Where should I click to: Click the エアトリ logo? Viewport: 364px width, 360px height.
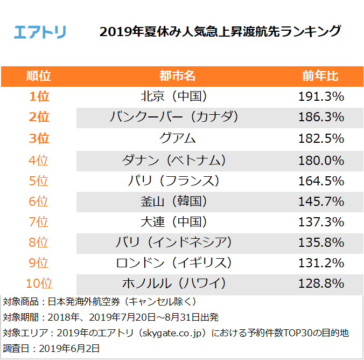click(x=40, y=31)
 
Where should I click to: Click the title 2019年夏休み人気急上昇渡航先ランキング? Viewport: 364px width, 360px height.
click(x=220, y=31)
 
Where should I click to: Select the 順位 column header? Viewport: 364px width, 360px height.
click(x=39, y=75)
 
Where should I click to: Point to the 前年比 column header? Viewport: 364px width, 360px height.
click(x=320, y=75)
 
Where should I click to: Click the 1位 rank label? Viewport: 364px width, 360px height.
click(x=39, y=96)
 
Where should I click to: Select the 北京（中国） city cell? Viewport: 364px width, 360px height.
click(x=174, y=96)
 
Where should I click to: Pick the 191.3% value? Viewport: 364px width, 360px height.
click(x=321, y=96)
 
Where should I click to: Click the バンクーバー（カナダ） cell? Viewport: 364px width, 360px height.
click(x=174, y=117)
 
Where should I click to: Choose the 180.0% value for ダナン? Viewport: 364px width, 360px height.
click(x=321, y=160)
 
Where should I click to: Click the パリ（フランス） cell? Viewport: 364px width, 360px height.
click(x=174, y=181)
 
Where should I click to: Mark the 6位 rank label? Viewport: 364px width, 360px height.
click(x=39, y=202)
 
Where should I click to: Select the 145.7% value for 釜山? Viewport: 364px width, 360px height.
click(x=321, y=202)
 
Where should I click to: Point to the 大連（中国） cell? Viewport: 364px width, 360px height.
click(x=174, y=221)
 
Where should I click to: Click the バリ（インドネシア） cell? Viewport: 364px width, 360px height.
click(x=174, y=242)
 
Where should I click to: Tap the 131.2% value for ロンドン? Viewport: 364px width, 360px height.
click(x=321, y=262)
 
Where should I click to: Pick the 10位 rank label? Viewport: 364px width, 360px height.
click(x=39, y=283)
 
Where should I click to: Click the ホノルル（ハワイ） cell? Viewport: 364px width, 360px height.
click(x=174, y=283)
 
